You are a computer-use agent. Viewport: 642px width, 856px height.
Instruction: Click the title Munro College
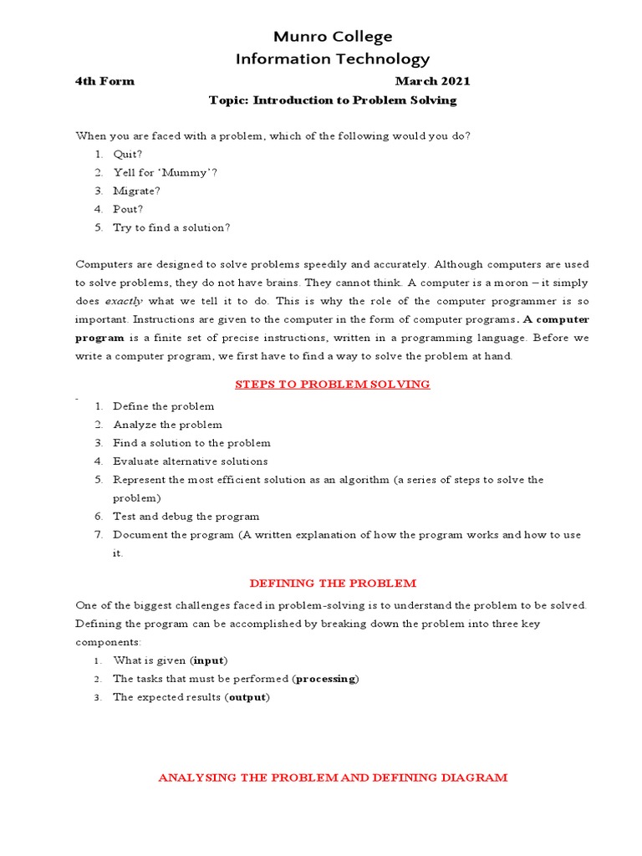[x=332, y=37]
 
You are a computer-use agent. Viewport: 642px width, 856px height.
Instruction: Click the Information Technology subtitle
[x=332, y=59]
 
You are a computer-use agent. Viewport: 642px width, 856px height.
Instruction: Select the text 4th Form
[x=104, y=81]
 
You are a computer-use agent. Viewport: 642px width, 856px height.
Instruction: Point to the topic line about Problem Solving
[x=332, y=100]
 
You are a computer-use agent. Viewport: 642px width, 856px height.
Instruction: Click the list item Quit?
[x=128, y=154]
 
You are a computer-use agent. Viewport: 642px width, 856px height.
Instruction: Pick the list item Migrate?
[x=136, y=191]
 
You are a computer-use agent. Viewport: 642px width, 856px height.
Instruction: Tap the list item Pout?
[x=128, y=209]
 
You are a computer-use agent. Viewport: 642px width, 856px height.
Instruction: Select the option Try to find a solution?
[x=171, y=227]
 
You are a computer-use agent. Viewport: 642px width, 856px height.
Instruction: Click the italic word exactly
[x=124, y=300]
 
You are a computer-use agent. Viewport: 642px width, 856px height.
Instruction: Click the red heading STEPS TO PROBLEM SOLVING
[x=332, y=385]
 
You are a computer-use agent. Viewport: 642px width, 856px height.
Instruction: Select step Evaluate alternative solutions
[x=191, y=461]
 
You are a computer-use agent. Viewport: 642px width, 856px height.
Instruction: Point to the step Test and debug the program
[x=186, y=517]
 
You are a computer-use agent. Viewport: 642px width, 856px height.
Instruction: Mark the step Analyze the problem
[x=167, y=425]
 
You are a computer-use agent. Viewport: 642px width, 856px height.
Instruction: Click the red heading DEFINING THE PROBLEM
[x=332, y=583]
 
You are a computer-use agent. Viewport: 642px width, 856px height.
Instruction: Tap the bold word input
[x=209, y=660]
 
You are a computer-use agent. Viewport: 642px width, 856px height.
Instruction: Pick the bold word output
[x=247, y=697]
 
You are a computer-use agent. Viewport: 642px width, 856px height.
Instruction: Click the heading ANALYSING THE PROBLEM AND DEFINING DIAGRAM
[x=332, y=777]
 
